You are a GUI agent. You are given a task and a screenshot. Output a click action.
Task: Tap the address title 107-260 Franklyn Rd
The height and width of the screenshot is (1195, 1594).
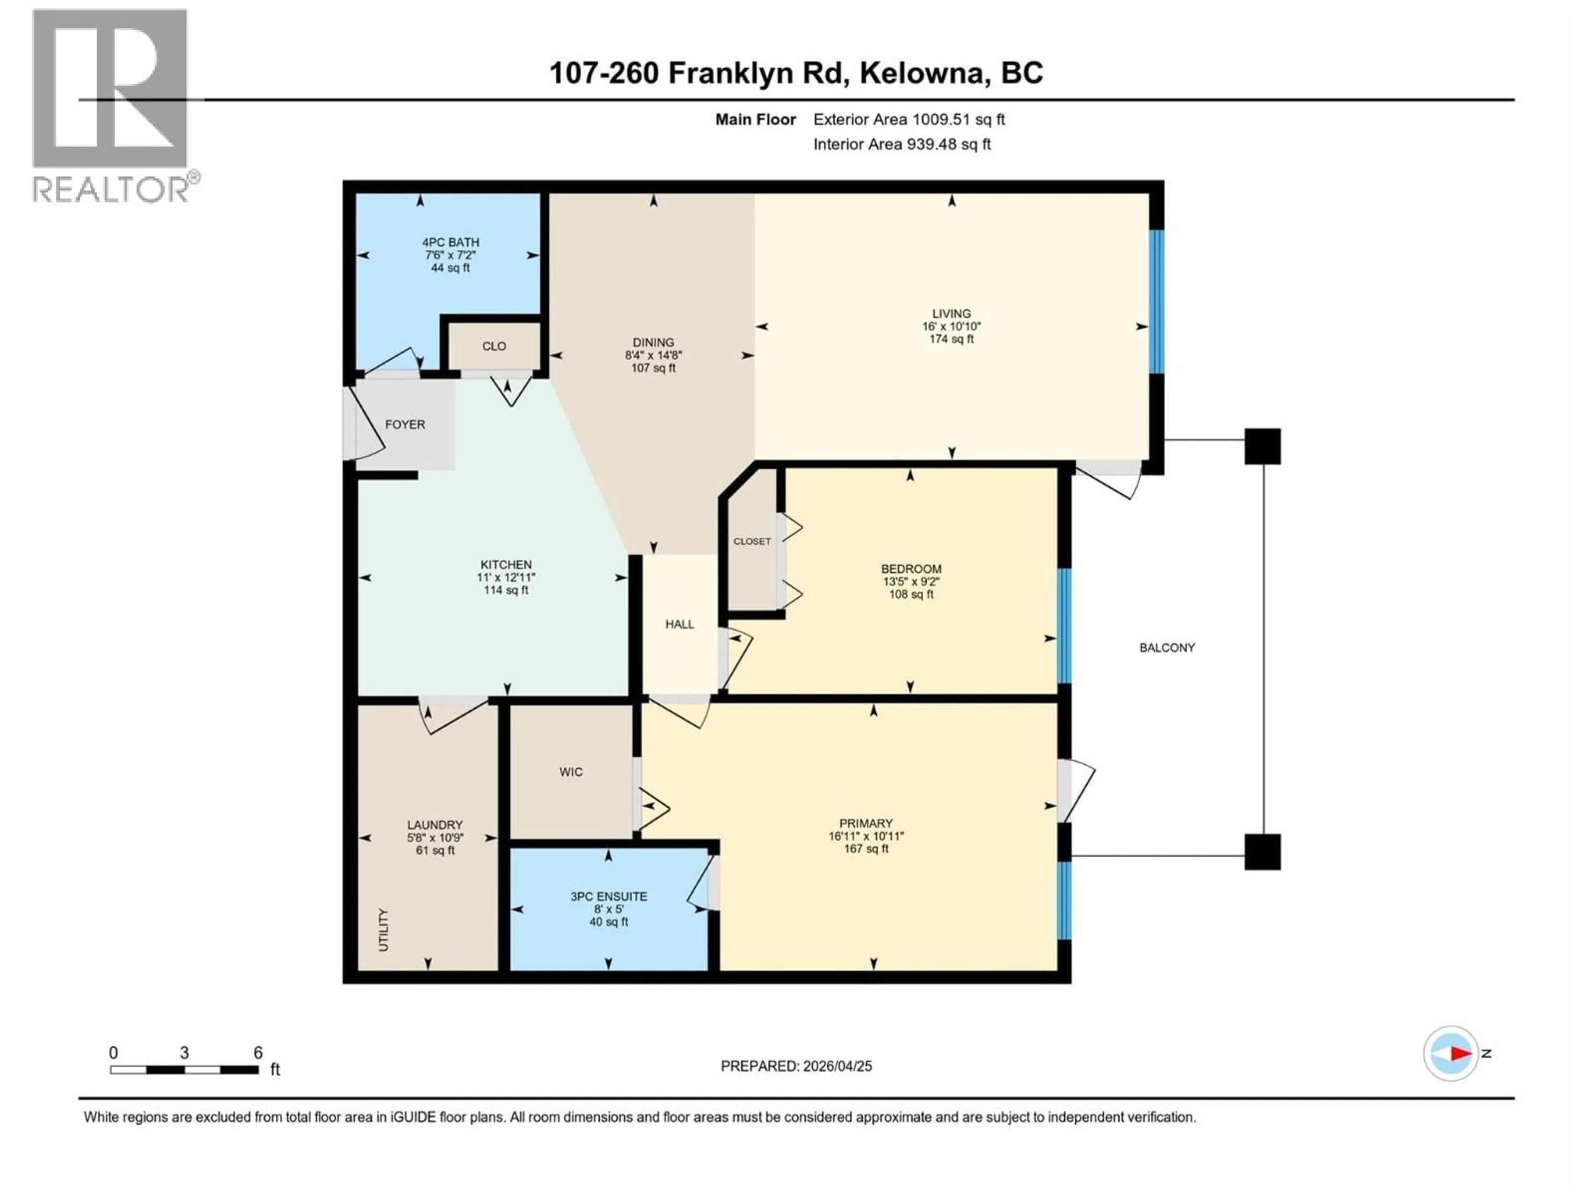coord(796,73)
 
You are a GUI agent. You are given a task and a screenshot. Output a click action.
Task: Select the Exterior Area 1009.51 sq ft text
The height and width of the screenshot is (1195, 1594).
coord(909,119)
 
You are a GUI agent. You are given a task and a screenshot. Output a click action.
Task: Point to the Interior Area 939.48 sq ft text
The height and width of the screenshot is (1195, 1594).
coord(902,144)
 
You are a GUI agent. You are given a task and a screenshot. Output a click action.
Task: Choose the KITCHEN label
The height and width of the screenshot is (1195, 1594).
coord(506,565)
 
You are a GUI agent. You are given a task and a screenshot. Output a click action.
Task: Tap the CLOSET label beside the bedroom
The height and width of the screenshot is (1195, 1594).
coord(752,541)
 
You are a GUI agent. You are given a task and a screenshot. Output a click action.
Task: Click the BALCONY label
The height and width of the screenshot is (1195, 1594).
coord(1167,648)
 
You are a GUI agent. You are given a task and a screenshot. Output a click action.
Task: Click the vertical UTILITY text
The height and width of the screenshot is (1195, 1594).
coord(384,930)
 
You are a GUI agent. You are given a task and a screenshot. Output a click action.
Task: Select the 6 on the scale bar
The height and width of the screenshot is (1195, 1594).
coord(258,1052)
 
